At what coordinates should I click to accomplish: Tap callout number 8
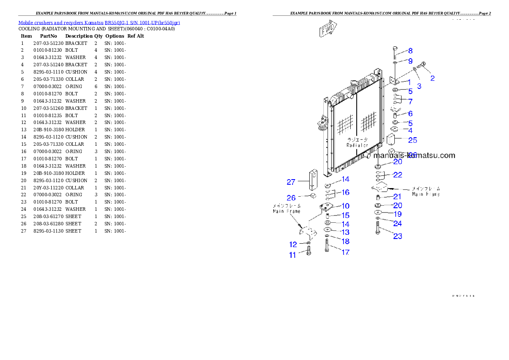pos(410,51)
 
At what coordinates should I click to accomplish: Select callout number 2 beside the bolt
pos(432,78)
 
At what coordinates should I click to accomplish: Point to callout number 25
pos(412,140)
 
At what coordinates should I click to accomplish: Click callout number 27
pos(291,182)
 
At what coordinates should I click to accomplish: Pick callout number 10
pos(345,206)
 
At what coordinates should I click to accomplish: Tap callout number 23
pos(397,236)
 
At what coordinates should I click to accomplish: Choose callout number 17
pos(345,252)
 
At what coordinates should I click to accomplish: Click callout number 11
pos(293,255)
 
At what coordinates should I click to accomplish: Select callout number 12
pos(293,245)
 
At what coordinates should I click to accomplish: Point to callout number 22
pos(397,175)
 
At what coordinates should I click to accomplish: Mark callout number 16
pos(345,192)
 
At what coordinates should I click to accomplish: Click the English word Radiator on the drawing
pos(357,145)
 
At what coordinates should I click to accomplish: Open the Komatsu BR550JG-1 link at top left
pos(99,23)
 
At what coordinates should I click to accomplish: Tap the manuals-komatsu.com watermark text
pos(414,156)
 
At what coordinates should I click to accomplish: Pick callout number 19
pos(397,214)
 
